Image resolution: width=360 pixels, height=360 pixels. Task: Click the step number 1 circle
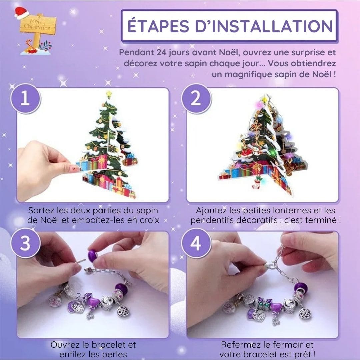(25, 99)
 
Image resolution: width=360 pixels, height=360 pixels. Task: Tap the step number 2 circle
(196, 99)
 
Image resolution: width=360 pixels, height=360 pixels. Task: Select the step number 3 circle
(25, 243)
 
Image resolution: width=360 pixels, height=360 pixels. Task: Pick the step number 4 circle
(196, 243)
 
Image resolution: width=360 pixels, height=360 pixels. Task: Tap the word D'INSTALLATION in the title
(264, 26)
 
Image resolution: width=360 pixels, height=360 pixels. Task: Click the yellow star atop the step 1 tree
(109, 94)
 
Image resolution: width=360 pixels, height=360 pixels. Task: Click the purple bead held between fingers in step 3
(93, 256)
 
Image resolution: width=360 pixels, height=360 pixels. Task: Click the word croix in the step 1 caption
(149, 220)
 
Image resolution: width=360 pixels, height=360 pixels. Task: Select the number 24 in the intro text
(162, 52)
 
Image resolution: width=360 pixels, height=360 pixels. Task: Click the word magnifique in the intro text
(249, 75)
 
